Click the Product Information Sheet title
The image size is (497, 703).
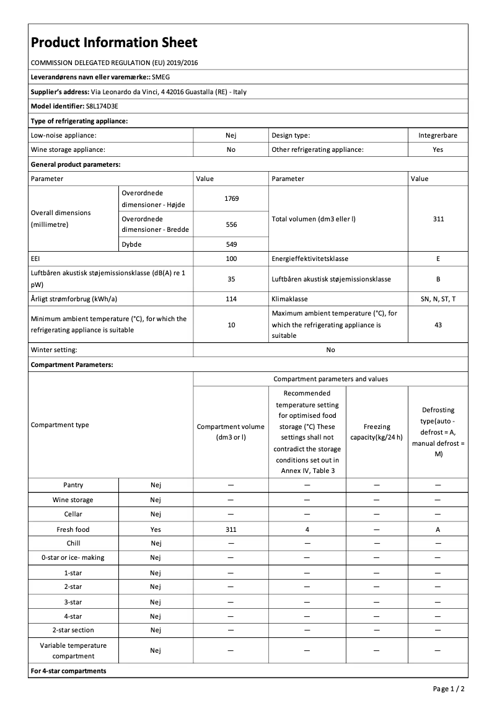click(114, 42)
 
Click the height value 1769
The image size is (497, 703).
click(231, 198)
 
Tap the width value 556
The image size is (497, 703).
click(231, 224)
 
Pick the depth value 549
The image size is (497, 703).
click(231, 244)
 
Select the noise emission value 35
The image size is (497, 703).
click(231, 279)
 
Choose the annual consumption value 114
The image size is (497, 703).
click(231, 299)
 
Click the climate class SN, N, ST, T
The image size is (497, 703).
click(438, 299)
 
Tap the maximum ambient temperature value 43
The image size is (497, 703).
click(438, 324)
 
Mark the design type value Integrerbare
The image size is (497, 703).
click(438, 135)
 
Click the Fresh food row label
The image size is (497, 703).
click(73, 529)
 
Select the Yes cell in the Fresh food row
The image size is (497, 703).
click(156, 529)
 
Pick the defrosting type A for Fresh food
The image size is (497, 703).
click(438, 529)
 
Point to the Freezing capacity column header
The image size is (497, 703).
click(377, 431)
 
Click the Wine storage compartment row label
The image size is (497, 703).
click(73, 500)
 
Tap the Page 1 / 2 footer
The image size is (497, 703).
click(449, 689)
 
